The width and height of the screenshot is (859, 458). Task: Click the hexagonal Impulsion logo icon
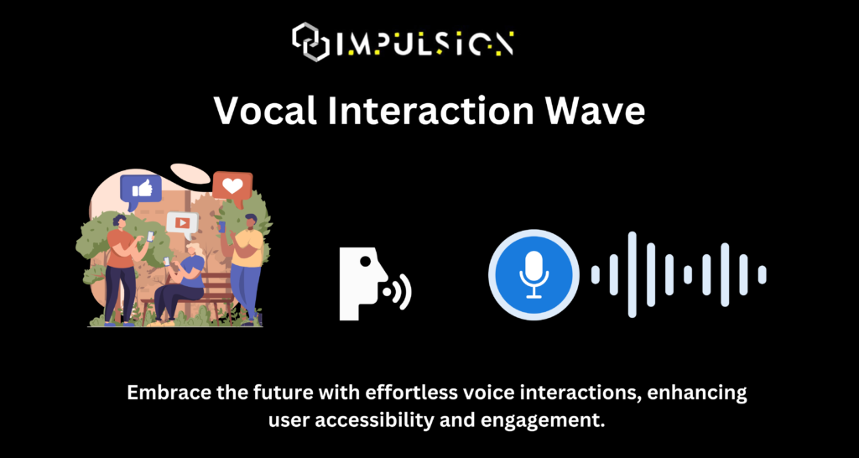coord(310,42)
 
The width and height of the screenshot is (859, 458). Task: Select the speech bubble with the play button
coord(182,224)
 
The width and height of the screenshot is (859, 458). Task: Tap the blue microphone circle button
coord(534,275)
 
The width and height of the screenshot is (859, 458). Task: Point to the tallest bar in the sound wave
coord(633,275)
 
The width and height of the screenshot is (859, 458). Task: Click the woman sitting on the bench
coord(180,279)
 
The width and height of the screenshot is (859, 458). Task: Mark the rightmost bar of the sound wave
coord(762,275)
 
